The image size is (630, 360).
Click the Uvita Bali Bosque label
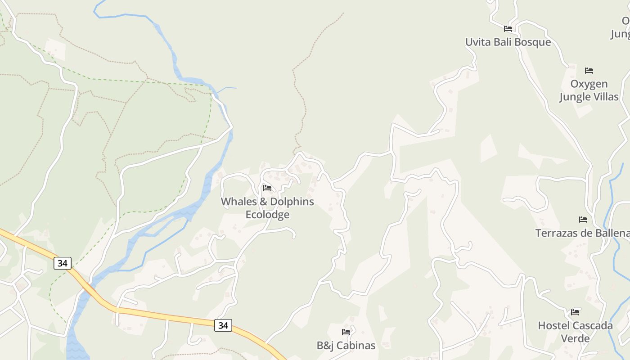point(508,42)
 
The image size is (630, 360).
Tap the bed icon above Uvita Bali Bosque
point(508,29)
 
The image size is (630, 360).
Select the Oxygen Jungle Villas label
point(589,90)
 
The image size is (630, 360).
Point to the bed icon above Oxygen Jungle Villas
point(589,71)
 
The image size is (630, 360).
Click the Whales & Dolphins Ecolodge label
point(267,208)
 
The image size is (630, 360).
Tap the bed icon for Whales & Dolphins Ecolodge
point(267,188)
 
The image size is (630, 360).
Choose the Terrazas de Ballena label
point(582,233)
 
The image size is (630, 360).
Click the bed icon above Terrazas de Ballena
point(583,220)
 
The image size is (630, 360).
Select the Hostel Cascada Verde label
point(575,332)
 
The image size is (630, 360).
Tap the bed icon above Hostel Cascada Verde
point(575,312)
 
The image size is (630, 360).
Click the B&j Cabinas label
point(346,346)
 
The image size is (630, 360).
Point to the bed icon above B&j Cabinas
point(346,332)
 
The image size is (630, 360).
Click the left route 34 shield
point(62,263)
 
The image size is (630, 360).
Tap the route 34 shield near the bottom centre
point(223,325)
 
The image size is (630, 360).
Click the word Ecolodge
point(267,215)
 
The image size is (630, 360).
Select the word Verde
point(575,338)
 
